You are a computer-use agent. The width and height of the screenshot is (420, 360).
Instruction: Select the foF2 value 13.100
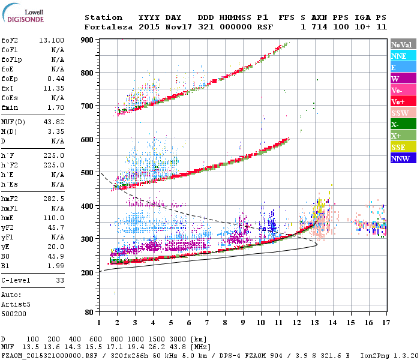[x=52, y=40]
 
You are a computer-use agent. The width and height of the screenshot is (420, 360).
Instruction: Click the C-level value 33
[x=59, y=280]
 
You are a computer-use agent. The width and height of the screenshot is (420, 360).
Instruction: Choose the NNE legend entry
[x=400, y=56]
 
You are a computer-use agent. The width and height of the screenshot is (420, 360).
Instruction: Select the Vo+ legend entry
[x=400, y=101]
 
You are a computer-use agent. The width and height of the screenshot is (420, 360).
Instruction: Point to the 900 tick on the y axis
[x=88, y=40]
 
